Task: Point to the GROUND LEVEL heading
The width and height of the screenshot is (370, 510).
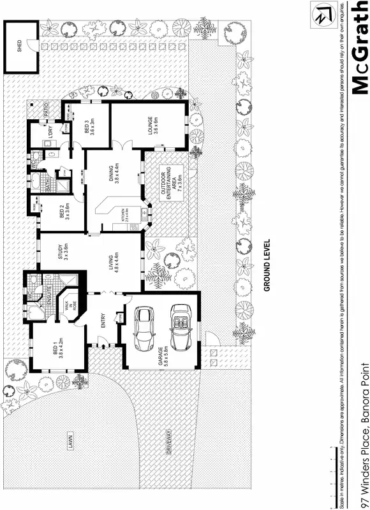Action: pyautogui.click(x=268, y=265)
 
